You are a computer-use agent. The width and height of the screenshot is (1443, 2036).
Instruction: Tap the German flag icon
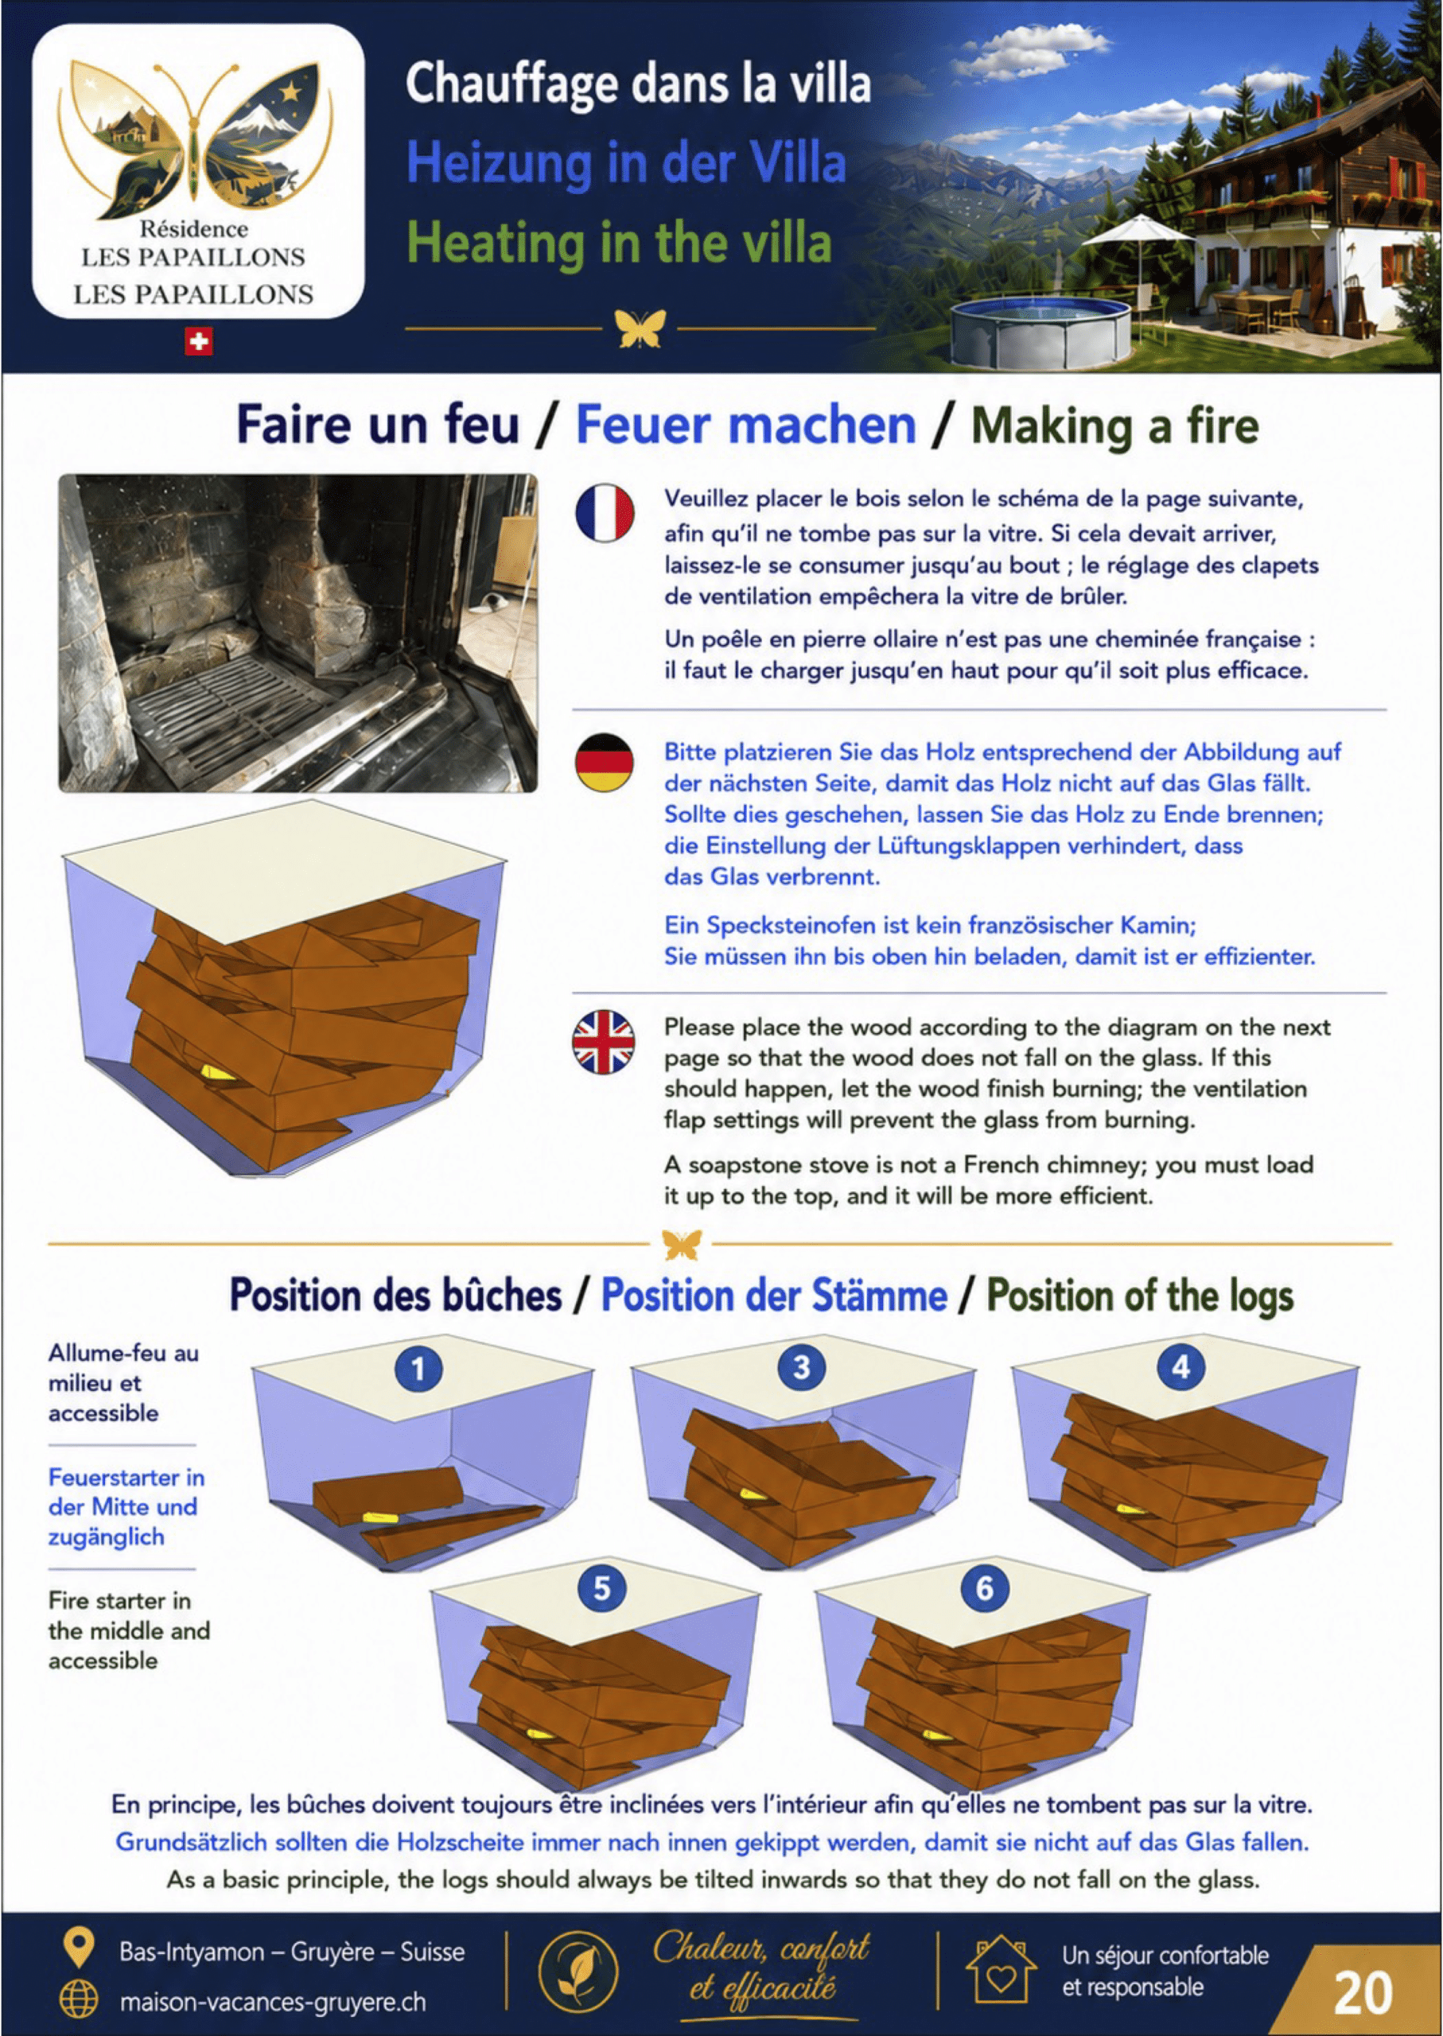605,762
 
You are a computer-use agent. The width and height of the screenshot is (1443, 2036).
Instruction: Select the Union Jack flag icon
605,1041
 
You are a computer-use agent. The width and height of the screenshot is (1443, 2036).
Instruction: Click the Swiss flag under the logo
198,341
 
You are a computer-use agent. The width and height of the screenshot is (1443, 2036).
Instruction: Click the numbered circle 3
802,1367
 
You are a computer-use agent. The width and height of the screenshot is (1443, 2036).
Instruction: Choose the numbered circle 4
1180,1367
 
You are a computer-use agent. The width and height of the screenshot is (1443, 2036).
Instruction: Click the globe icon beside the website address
79,2000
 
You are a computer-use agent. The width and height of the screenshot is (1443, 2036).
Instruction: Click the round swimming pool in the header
1040,330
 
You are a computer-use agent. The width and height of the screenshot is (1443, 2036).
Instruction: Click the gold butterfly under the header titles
640,328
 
